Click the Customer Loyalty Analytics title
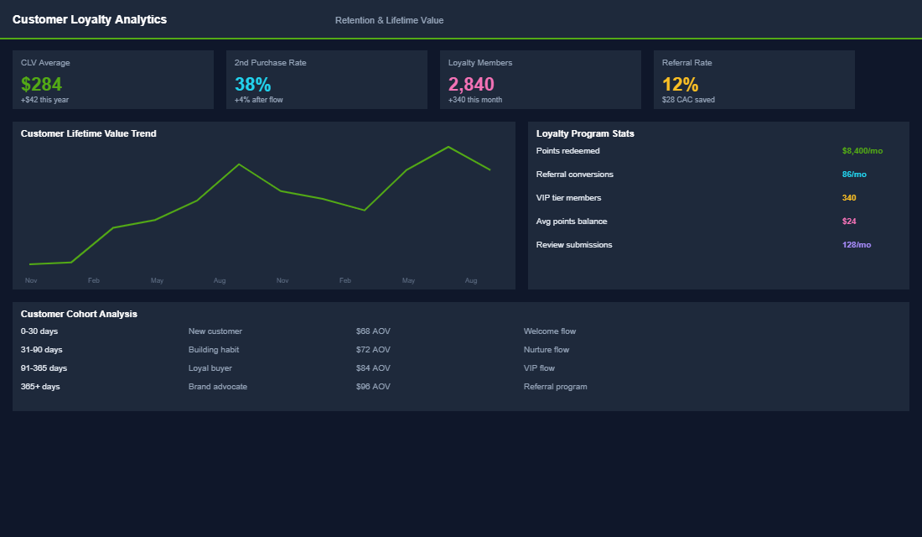coord(90,19)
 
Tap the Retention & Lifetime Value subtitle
coord(389,20)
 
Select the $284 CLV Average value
coord(41,84)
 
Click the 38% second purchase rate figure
coord(252,84)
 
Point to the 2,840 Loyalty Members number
coord(471,84)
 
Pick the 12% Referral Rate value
coord(680,84)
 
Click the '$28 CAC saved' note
coord(688,100)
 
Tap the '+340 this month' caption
coord(475,100)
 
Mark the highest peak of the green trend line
coord(448,147)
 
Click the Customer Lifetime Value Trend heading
coord(88,133)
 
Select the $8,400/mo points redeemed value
coord(862,151)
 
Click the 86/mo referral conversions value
coord(854,175)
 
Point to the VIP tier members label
coord(568,198)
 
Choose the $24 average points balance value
coord(849,222)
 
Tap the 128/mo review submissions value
coord(856,245)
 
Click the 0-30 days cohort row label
coord(39,331)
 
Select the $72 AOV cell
coord(373,350)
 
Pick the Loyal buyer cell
coord(210,368)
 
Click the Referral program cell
coord(555,387)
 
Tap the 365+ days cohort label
coord(40,387)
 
